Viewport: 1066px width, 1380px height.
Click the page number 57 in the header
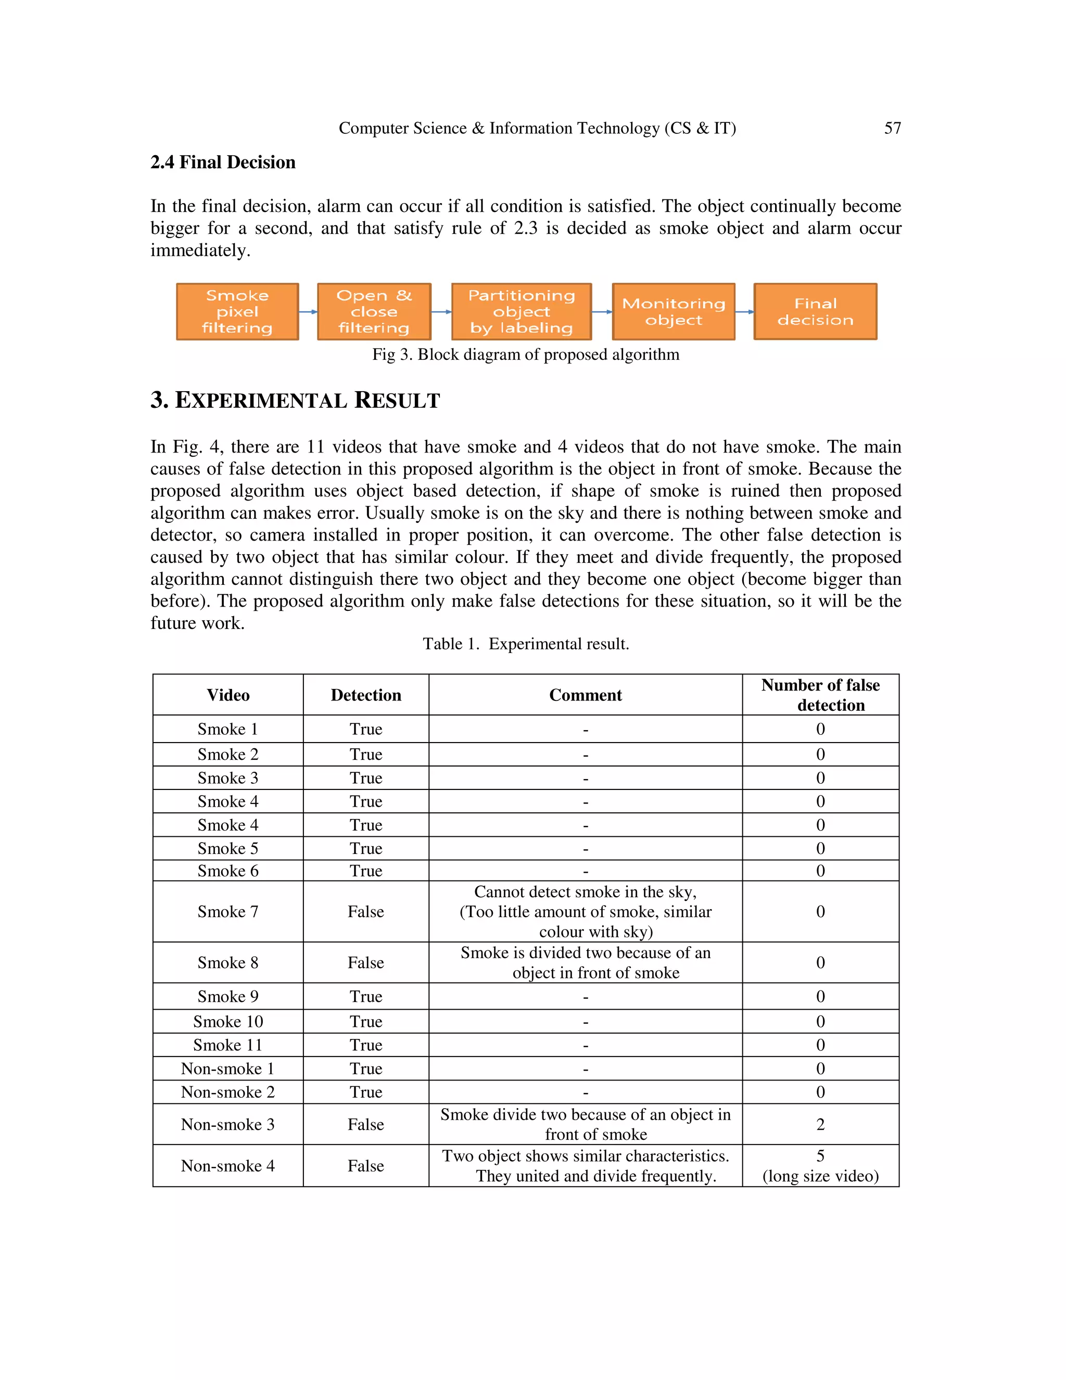click(x=892, y=128)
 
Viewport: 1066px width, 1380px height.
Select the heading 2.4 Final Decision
click(x=223, y=162)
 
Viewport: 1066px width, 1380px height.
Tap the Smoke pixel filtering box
click(x=237, y=311)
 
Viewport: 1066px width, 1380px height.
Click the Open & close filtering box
click(x=374, y=311)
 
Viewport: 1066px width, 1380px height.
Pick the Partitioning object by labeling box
click(x=521, y=311)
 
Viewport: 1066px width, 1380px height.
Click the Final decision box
click(x=815, y=311)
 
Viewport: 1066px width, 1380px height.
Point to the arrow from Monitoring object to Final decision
click(x=744, y=311)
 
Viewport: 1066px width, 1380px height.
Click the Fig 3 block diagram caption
click(x=525, y=355)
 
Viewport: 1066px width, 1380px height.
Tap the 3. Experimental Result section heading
click(x=295, y=400)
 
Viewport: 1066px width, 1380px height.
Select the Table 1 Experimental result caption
click(x=525, y=644)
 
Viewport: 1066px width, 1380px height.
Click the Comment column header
click(x=586, y=695)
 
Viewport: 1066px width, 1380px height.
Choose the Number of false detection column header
click(x=820, y=695)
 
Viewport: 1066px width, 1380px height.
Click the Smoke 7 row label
click(x=228, y=912)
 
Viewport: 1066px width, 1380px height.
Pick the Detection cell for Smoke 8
click(x=365, y=962)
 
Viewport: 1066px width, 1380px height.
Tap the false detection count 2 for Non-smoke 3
click(x=820, y=1124)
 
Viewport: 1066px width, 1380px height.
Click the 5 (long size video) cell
click(x=820, y=1166)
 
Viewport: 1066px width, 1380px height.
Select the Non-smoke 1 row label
click(x=228, y=1069)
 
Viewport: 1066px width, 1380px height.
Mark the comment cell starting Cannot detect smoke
click(x=586, y=912)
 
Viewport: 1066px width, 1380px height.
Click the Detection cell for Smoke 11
click(x=365, y=1045)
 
